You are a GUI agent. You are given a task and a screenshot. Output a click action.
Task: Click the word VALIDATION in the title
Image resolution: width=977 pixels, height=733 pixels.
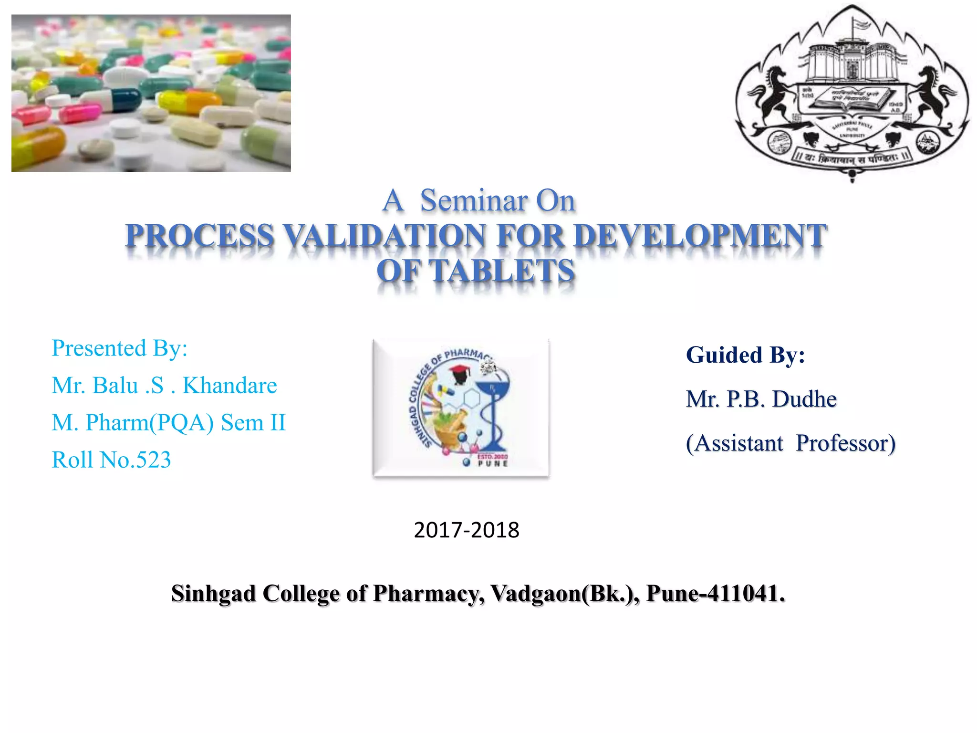tap(384, 236)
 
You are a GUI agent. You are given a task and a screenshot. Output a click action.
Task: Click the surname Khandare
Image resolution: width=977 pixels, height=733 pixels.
tap(229, 386)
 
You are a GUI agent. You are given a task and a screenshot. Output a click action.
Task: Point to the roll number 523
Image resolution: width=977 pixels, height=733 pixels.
tap(153, 460)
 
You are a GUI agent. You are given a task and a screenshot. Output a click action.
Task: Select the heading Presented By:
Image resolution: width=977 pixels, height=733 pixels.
tap(119, 348)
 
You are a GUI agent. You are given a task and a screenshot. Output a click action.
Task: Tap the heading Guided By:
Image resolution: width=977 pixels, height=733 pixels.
tap(745, 355)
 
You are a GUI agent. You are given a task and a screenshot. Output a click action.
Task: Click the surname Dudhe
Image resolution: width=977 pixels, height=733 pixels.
tap(804, 399)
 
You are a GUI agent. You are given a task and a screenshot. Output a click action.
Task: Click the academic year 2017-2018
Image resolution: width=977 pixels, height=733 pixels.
tap(466, 530)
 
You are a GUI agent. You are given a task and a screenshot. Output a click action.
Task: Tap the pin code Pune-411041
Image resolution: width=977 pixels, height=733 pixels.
tap(715, 594)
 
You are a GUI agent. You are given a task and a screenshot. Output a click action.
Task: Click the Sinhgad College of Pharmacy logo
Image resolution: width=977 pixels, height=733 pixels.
tap(461, 408)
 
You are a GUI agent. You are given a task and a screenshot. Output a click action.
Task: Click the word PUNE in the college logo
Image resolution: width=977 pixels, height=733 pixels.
tap(493, 463)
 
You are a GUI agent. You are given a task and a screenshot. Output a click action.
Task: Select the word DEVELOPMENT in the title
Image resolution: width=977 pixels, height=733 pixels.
tap(700, 236)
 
